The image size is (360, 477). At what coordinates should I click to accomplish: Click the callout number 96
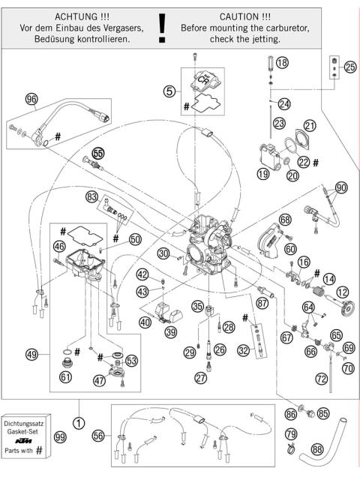[31, 99]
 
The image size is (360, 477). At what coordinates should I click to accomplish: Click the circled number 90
[341, 187]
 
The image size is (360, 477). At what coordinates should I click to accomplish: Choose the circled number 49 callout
[31, 355]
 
